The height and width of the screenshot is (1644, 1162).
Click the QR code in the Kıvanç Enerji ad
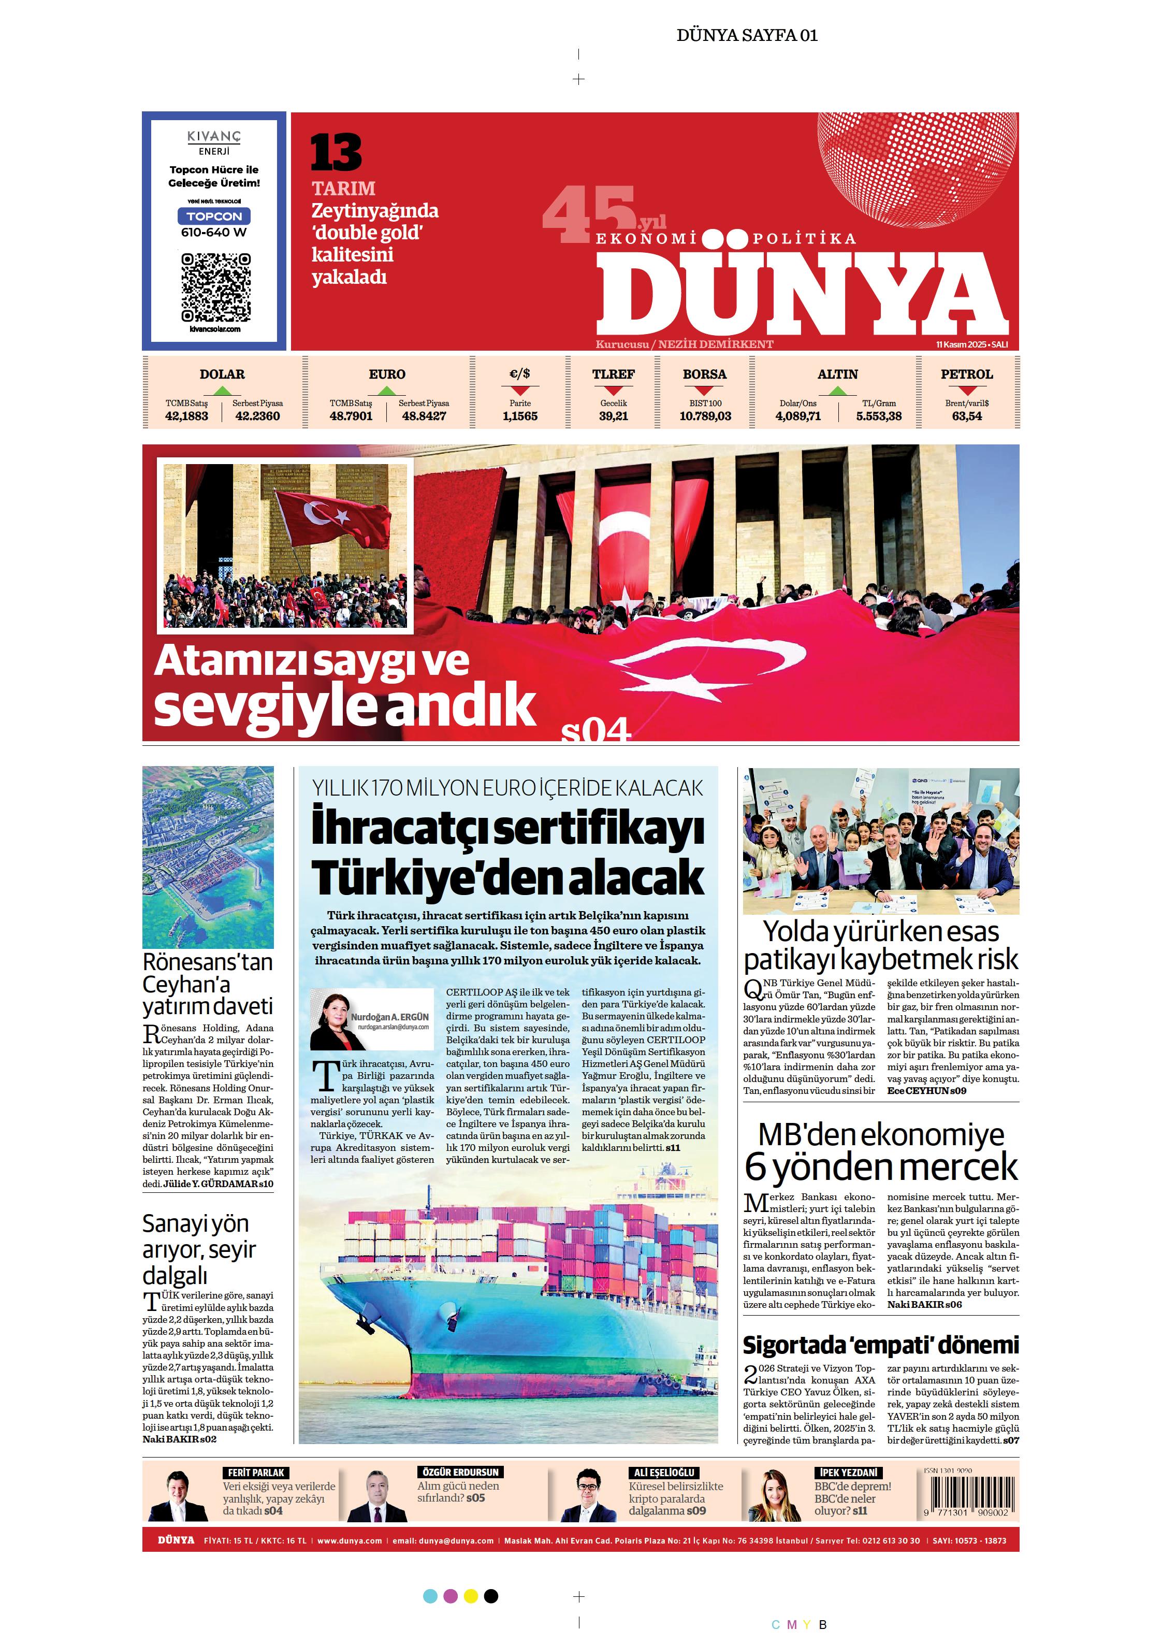coord(215,286)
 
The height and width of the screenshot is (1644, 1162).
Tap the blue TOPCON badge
coord(214,216)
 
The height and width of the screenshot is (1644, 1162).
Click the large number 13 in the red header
coord(336,152)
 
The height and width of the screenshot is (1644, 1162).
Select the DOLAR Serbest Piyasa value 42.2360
coord(258,416)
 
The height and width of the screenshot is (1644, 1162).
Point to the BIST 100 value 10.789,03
coord(705,416)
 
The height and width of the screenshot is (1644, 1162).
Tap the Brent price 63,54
coord(967,416)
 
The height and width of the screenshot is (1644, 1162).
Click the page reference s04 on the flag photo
coord(595,730)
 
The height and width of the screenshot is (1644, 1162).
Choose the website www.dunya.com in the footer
coord(350,1541)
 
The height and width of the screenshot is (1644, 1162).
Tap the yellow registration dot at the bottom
coord(470,1596)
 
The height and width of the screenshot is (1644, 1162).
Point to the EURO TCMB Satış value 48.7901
coord(351,416)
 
